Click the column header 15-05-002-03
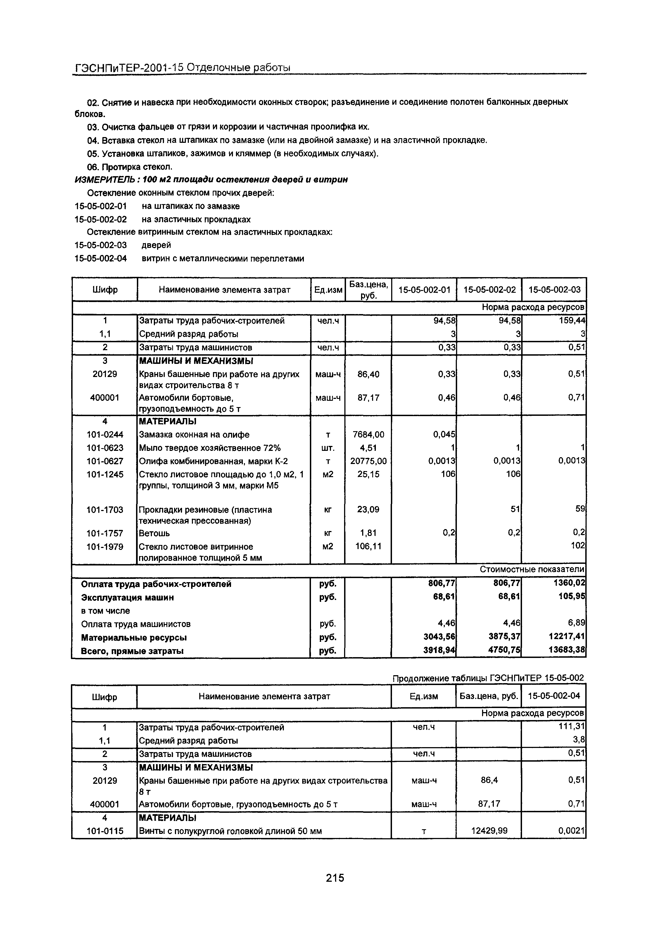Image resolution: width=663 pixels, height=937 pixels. (554, 289)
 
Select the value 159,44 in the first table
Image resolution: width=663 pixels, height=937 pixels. (572, 321)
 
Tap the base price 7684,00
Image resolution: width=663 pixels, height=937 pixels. (368, 435)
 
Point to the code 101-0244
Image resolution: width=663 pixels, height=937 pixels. (105, 435)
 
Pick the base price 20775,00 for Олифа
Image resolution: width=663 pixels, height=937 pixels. (368, 461)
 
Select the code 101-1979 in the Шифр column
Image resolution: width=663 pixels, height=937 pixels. (105, 546)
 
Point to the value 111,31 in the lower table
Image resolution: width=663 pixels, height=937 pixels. (572, 726)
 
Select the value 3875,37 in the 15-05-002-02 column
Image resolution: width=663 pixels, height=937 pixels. (504, 637)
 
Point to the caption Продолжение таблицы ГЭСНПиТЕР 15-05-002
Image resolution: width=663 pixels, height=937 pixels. (488, 678)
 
